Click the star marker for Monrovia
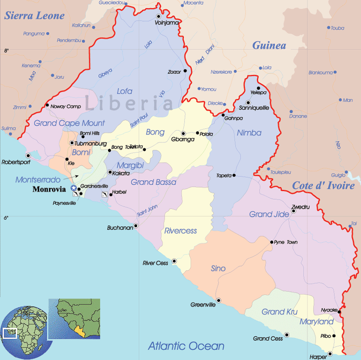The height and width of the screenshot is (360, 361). [73, 188]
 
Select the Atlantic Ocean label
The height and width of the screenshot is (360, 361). [186, 346]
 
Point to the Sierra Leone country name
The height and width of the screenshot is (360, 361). [34, 16]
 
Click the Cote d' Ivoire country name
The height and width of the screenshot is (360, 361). [323, 186]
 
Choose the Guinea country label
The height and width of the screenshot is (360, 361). [269, 46]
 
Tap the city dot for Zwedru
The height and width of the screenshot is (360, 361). [294, 211]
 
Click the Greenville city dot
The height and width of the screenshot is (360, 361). [219, 301]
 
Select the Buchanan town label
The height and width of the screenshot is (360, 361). [120, 228]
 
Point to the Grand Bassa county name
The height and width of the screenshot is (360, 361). [154, 182]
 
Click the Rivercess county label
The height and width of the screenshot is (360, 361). [180, 231]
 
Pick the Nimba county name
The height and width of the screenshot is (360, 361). [249, 133]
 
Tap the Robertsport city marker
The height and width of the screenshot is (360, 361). [28, 156]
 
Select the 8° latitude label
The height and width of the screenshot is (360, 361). [6, 51]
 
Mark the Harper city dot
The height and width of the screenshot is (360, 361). [330, 353]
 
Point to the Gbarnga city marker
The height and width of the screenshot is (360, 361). [184, 134]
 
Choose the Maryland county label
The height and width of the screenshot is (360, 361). [317, 322]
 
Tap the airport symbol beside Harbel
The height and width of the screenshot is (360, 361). [105, 194]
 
